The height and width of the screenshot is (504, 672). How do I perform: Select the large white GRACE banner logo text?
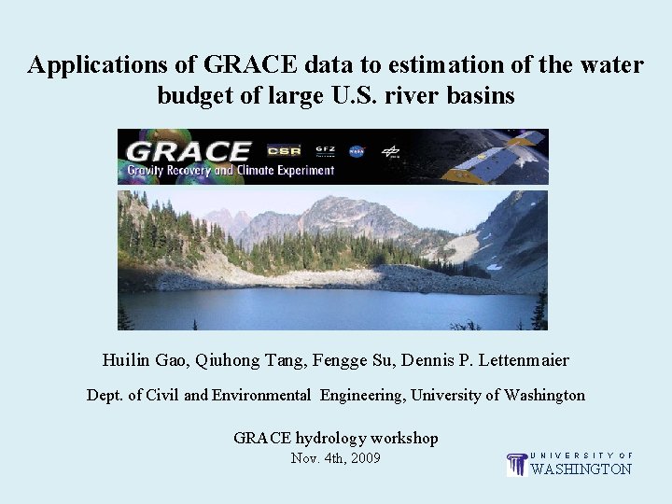click(x=189, y=150)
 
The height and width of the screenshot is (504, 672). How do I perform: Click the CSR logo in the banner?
click(x=283, y=150)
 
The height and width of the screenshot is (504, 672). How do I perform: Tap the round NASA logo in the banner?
click(x=357, y=150)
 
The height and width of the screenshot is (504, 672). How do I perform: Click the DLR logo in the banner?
click(x=391, y=150)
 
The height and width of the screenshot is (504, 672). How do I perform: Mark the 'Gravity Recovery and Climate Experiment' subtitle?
click(x=231, y=171)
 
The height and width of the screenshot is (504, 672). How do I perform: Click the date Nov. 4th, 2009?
click(x=335, y=458)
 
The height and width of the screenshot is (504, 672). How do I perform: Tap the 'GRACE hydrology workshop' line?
click(x=335, y=438)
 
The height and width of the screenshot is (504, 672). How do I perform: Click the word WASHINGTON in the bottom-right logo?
click(x=581, y=469)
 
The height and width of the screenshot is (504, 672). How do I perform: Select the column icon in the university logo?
click(x=516, y=464)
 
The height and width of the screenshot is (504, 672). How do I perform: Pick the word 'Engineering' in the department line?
click(x=361, y=395)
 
